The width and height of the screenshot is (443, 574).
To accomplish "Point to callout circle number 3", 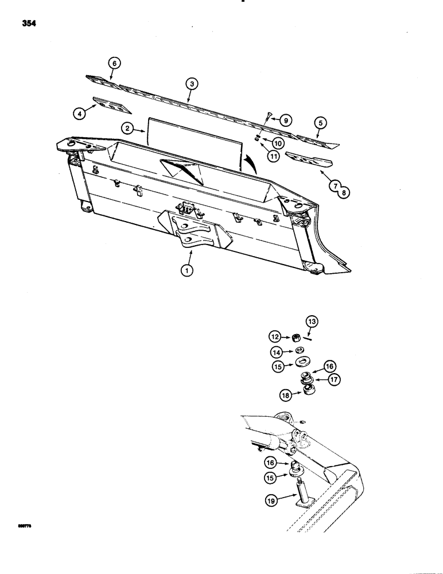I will [x=191, y=84].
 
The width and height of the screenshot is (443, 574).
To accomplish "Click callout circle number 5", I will [x=320, y=122].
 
